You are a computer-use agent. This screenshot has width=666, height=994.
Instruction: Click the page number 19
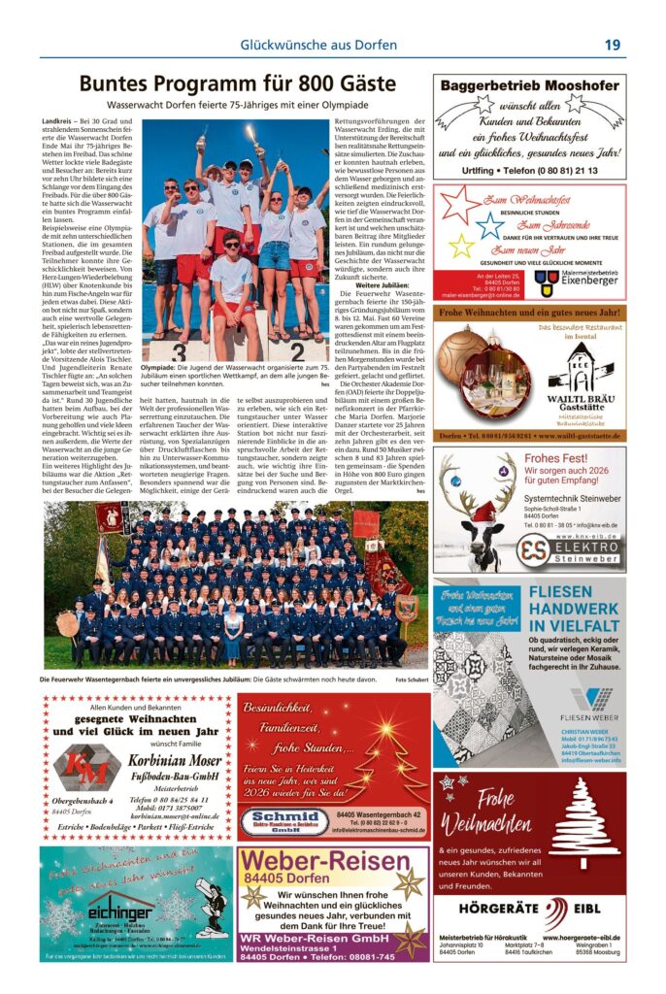[612, 45]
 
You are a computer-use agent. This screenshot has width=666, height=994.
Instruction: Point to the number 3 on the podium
[179, 351]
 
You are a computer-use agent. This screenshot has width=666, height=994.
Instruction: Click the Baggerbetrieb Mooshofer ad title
[530, 85]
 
